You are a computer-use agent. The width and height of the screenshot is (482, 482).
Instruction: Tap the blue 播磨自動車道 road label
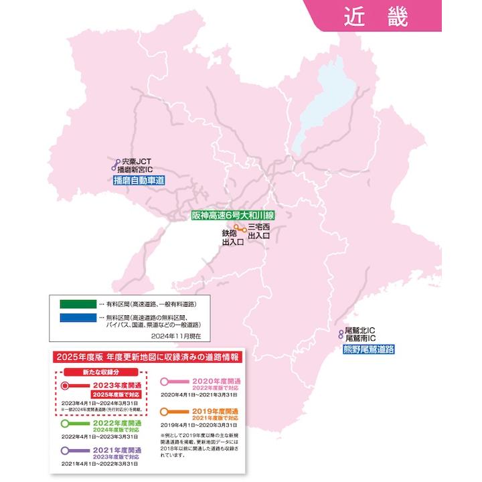pyautogui.click(x=139, y=181)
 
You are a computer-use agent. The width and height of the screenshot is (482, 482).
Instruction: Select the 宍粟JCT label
pyautogui.click(x=139, y=161)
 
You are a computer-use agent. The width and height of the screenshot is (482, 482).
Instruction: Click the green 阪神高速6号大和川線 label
pyautogui.click(x=233, y=216)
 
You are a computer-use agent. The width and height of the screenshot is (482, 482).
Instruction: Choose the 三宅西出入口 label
pyautogui.click(x=260, y=232)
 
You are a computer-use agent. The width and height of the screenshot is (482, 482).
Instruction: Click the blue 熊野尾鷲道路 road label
pyautogui.click(x=368, y=349)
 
